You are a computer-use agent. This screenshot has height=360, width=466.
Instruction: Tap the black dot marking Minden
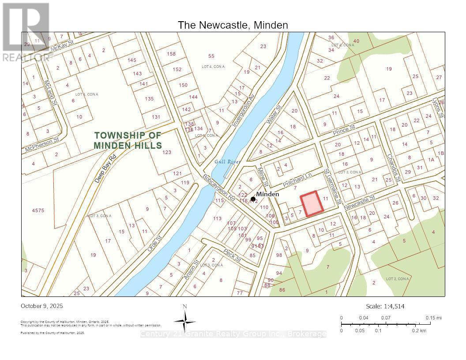pos(253,199)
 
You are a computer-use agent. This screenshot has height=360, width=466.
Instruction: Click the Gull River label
pos(226,162)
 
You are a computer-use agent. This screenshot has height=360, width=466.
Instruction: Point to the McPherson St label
pos(42,144)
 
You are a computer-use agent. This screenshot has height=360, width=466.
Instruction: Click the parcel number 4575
pos(38,210)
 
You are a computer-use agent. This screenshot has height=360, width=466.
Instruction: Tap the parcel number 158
pos(171,54)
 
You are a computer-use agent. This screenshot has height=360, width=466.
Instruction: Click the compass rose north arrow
pos(185,319)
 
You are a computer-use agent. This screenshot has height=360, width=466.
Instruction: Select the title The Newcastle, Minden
pos(233,25)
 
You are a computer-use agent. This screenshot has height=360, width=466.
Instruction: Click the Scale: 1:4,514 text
pos(385,306)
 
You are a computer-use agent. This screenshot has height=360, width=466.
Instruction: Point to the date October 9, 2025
pos(42,306)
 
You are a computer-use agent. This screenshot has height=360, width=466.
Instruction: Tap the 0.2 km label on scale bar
pos(419,330)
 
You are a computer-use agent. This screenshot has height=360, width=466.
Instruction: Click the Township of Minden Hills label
pos(128,140)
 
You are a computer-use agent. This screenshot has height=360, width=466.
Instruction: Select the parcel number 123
pos(166,152)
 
